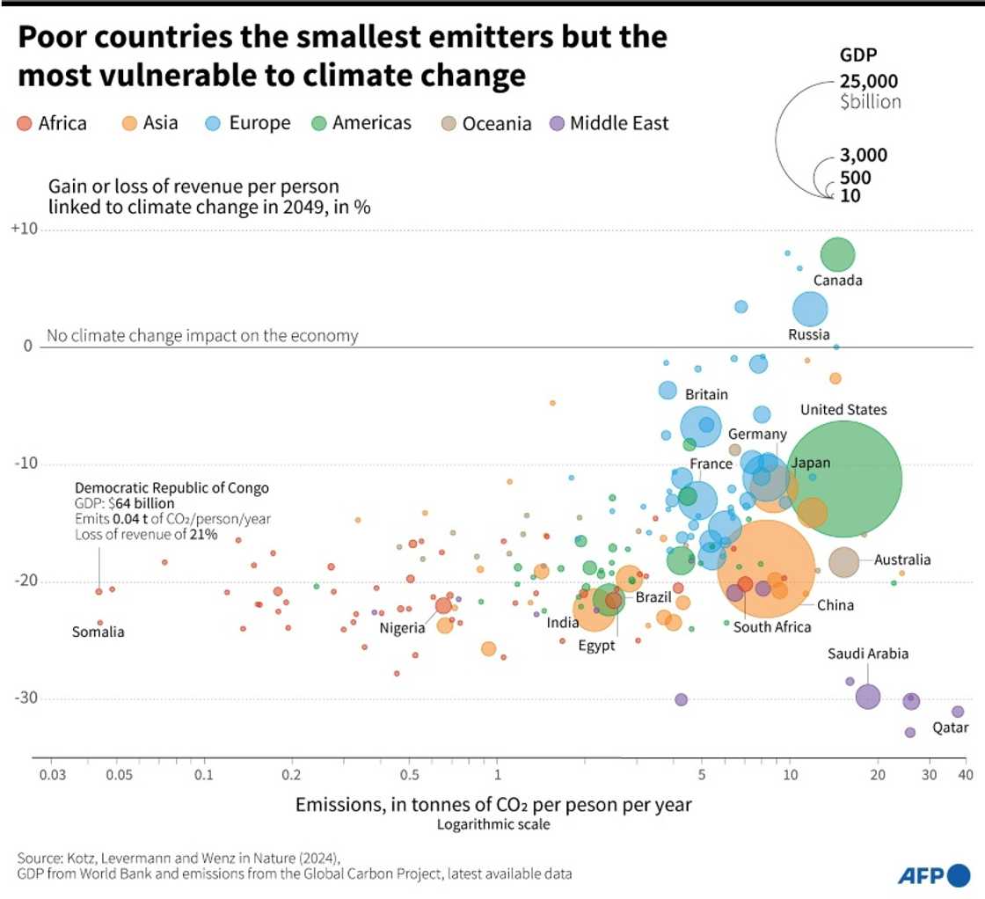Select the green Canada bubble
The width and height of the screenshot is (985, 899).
click(837, 255)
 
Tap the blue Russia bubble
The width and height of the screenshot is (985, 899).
click(810, 310)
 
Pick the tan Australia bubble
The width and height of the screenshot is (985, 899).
click(843, 562)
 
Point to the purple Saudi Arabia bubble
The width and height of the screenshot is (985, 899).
click(867, 697)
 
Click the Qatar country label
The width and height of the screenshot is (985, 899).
click(950, 727)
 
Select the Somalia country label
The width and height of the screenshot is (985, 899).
click(98, 632)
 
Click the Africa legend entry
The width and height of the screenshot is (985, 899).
click(53, 123)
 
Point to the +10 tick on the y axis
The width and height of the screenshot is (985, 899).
click(24, 230)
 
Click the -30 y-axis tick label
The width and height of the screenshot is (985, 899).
click(25, 698)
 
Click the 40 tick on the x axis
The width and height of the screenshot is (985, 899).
click(965, 775)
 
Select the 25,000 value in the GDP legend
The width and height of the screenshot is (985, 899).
click(869, 82)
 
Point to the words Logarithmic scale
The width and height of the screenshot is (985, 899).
click(492, 824)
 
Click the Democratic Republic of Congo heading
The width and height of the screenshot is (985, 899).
click(171, 487)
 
